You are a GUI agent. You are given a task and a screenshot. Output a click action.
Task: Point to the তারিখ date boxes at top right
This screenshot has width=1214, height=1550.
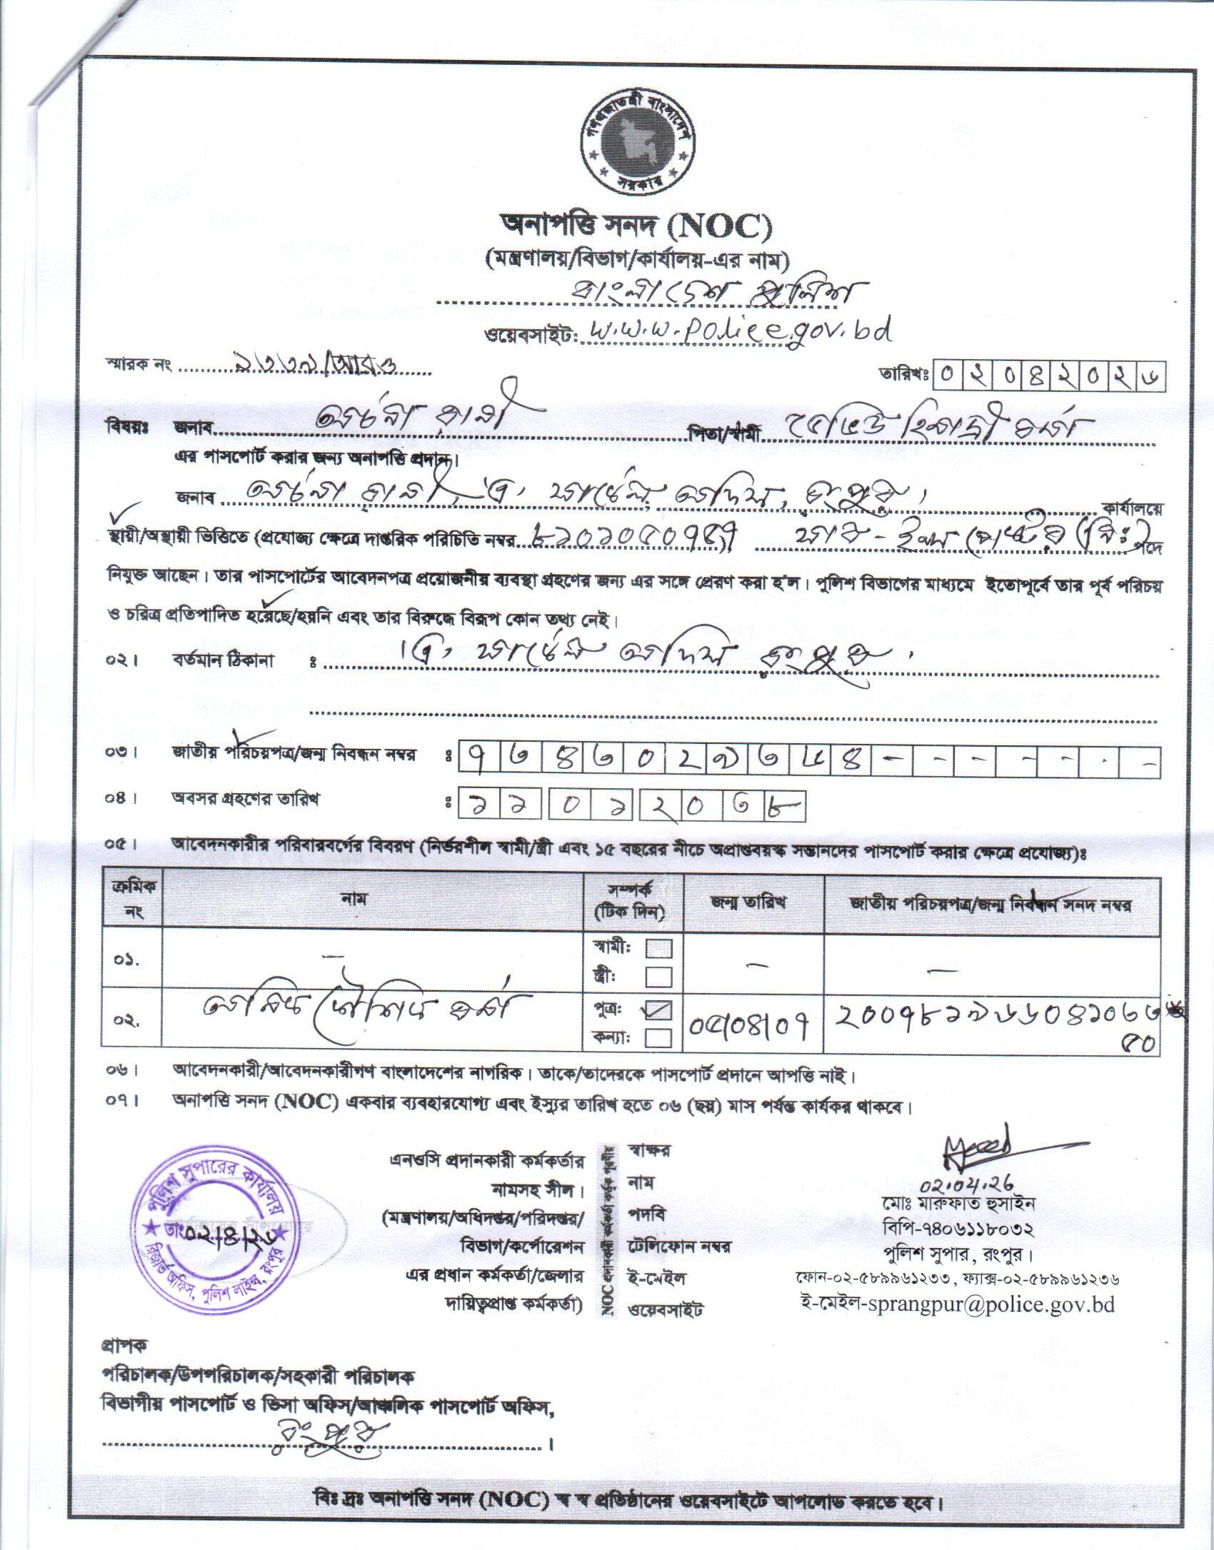pos(1052,376)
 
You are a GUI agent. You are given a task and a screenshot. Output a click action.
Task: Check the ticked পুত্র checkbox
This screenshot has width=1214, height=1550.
pos(659,1008)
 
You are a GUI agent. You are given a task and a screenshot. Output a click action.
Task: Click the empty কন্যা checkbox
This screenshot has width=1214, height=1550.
pos(659,1037)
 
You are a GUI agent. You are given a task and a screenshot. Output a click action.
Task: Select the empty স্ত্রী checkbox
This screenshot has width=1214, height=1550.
pos(659,976)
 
